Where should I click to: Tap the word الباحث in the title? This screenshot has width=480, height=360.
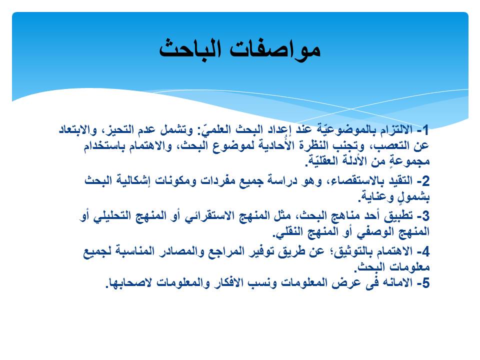click(190, 49)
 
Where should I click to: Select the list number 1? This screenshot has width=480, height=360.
click(426, 130)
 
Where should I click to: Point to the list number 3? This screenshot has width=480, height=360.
click(426, 216)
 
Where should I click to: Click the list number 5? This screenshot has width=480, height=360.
click(426, 283)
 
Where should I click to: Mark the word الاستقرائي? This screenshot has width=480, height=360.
click(208, 216)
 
